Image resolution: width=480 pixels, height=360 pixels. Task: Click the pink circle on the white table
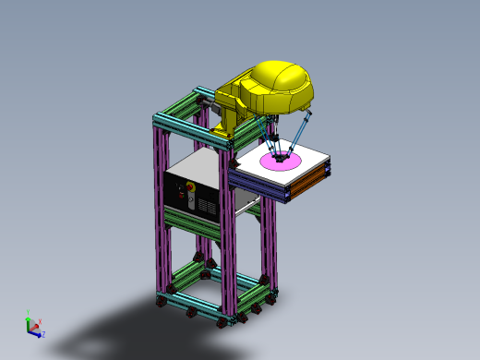281,162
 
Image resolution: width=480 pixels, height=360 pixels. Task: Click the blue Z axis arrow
41,333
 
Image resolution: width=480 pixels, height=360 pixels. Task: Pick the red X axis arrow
38,322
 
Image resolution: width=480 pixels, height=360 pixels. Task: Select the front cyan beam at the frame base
189,305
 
